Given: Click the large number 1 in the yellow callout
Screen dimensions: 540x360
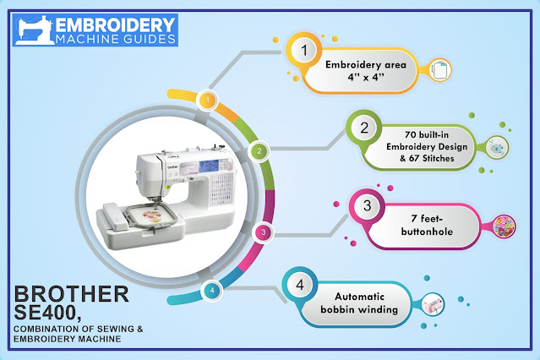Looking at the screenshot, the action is pos(304,53).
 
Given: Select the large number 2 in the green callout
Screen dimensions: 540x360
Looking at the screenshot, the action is pos(365,129).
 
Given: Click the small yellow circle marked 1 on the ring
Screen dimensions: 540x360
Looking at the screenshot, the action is pos(204,101).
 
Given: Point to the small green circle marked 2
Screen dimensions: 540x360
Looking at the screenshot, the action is pos(259,151).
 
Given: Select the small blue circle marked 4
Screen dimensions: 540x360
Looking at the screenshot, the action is pos(211,290).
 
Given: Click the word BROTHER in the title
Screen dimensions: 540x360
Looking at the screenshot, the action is pos(73,294).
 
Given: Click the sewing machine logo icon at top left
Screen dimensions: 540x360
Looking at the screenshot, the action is pos(30,30).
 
